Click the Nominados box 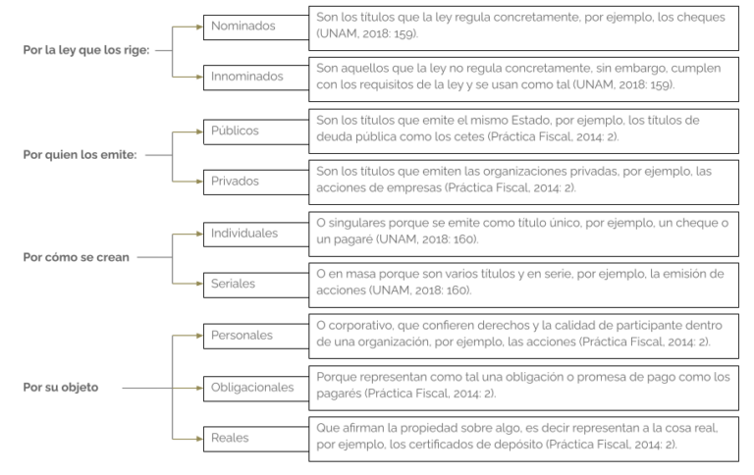pyautogui.click(x=256, y=26)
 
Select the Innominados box pyautogui.click(x=256, y=78)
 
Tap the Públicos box pyautogui.click(x=256, y=132)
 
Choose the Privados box pyautogui.click(x=256, y=183)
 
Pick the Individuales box pyautogui.click(x=256, y=235)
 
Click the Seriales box pyautogui.click(x=256, y=285)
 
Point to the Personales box pyautogui.click(x=256, y=336)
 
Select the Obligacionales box pyautogui.click(x=256, y=388)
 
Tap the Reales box pyautogui.click(x=256, y=439)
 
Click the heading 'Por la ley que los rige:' pyautogui.click(x=86, y=50)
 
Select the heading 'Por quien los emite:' pyautogui.click(x=80, y=155)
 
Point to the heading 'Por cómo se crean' pyautogui.click(x=76, y=257)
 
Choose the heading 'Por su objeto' pyautogui.click(x=61, y=387)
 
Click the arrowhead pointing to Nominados pyautogui.click(x=199, y=26)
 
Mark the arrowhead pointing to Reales pyautogui.click(x=199, y=439)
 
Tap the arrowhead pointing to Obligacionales pyautogui.click(x=199, y=388)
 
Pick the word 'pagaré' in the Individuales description pyautogui.click(x=353, y=238)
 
